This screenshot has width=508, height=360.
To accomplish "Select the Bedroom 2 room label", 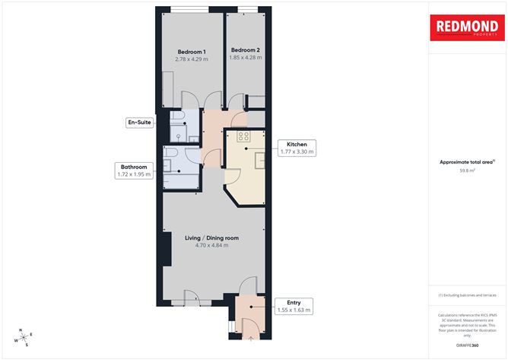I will click(x=246, y=50).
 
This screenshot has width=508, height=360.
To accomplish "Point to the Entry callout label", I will click(x=293, y=306).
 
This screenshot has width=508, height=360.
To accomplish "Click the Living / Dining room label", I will click(x=212, y=238).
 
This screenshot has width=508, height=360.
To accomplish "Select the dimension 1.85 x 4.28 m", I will click(x=246, y=58).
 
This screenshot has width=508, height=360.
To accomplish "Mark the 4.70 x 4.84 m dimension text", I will click(x=212, y=246).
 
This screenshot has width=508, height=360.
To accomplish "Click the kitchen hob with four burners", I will click(x=244, y=136).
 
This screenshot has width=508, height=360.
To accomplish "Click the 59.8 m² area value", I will click(x=468, y=170).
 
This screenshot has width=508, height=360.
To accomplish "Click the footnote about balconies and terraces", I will click(x=468, y=295).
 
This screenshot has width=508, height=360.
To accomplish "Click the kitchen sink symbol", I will click(x=258, y=160).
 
